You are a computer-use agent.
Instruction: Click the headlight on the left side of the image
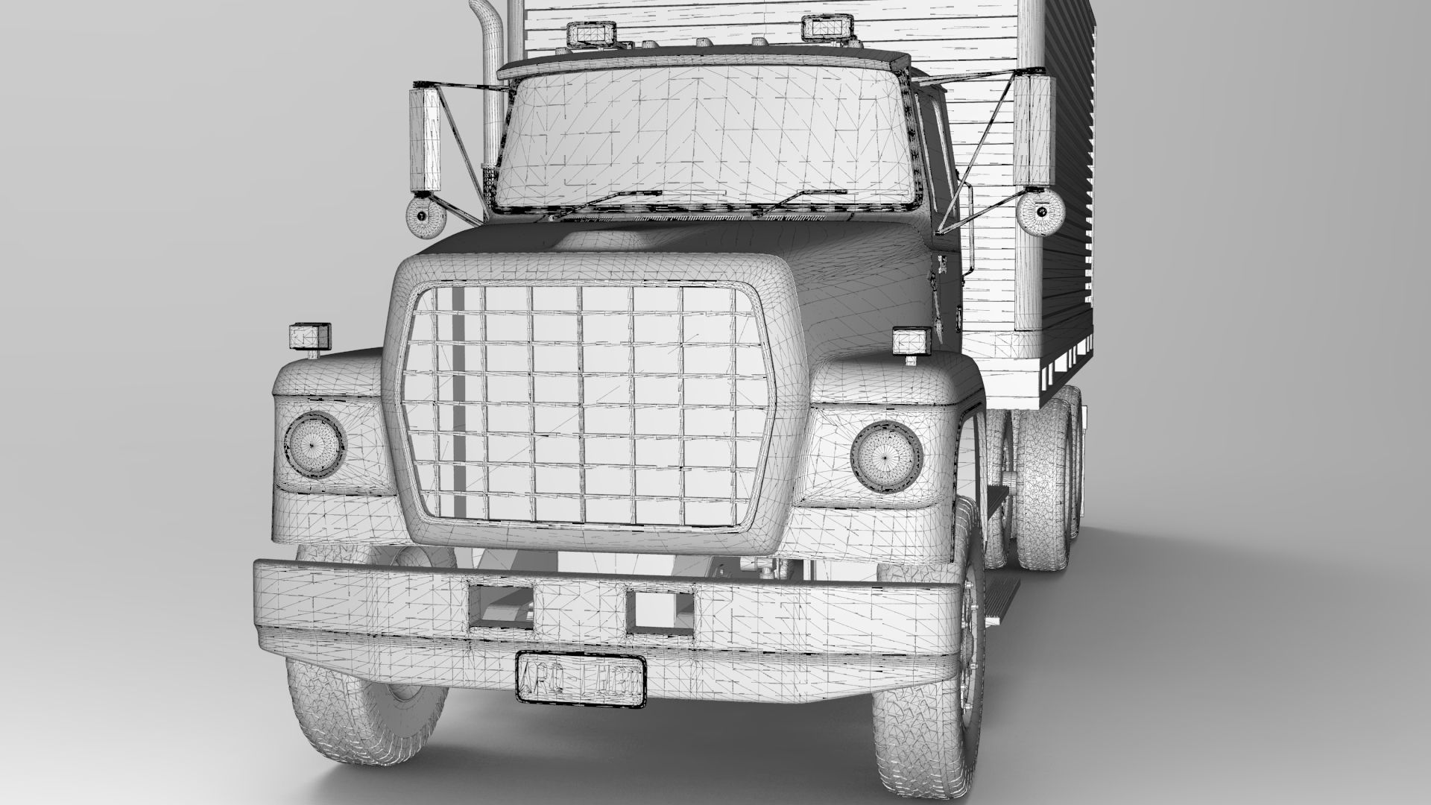pos(314,446)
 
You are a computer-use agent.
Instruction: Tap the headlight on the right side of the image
pos(886,455)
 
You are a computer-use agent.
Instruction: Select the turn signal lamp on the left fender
pos(309,336)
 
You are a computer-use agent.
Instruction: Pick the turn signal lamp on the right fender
pos(912,342)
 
